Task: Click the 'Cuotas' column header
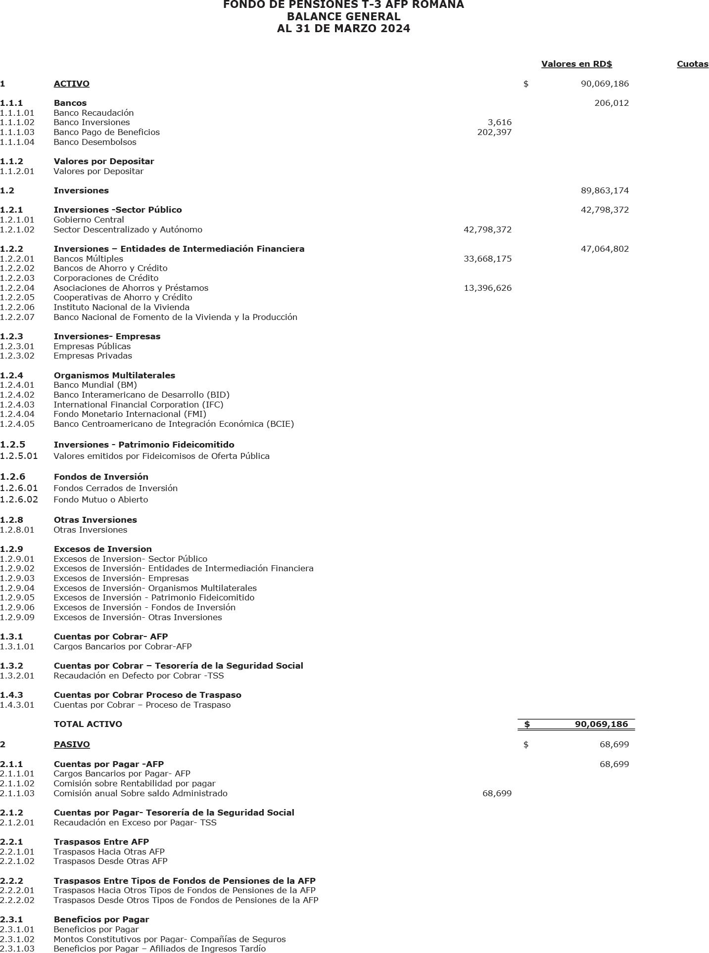point(692,64)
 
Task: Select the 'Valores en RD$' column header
point(576,64)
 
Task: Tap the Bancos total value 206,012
point(612,103)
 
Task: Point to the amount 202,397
point(494,133)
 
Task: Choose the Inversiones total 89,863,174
point(605,191)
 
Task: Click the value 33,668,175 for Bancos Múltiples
point(487,259)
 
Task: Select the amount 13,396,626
point(487,288)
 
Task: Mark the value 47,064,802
point(605,249)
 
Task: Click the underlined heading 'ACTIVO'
point(71,84)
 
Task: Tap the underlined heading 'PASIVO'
point(72,745)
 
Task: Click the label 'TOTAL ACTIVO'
point(88,725)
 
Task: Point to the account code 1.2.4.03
point(17,405)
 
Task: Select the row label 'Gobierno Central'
point(89,220)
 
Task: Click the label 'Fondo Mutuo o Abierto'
point(100,500)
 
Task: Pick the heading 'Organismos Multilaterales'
point(114,376)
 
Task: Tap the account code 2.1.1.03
point(17,794)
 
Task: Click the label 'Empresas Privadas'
point(93,356)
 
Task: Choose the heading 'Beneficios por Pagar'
point(101,920)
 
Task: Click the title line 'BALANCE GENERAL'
point(343,17)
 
